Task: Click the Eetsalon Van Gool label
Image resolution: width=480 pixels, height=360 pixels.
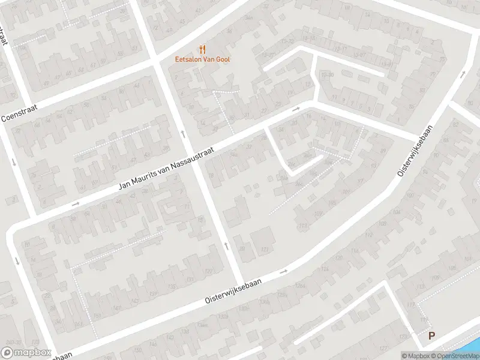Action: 202,59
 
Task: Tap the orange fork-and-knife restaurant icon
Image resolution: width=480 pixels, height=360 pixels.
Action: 202,50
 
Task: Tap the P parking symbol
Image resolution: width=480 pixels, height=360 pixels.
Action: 431,337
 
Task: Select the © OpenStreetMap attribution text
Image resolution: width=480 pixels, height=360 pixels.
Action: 456,356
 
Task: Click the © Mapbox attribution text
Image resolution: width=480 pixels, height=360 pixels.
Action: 416,356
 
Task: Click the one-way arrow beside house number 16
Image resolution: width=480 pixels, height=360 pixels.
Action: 296,110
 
